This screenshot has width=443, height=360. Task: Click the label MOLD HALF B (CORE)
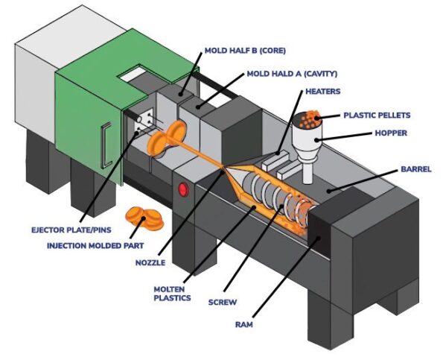(x=244, y=50)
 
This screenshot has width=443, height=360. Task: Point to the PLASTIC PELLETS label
(x=377, y=116)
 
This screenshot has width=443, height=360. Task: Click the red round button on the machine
(x=182, y=189)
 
